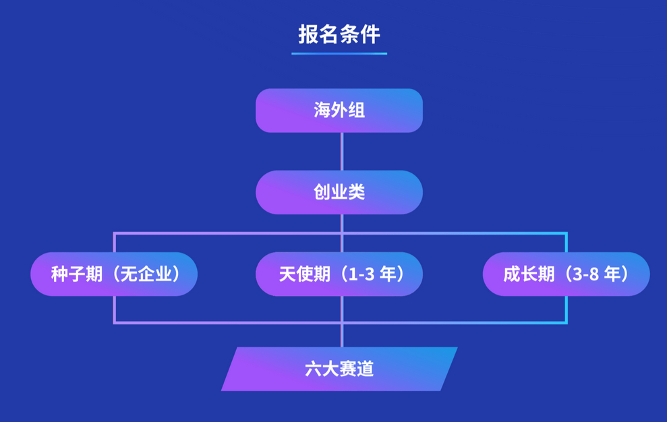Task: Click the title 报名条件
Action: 339,34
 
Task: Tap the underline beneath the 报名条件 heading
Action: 339,54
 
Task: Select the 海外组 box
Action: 339,111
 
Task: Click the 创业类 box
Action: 339,192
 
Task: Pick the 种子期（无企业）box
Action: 114,274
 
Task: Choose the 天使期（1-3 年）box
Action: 339,274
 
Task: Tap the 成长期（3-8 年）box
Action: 567,274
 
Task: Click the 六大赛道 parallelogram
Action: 339,369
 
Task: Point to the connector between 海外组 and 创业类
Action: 341,152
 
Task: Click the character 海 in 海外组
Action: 322,111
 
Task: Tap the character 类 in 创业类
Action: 357,192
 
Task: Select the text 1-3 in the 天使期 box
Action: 361,274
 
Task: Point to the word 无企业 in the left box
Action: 146,274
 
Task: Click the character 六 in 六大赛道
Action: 313,369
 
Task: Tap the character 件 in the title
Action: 370,34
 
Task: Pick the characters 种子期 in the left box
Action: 77,274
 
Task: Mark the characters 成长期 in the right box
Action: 529,274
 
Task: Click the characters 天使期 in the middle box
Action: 305,274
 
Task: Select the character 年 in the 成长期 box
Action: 612,274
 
